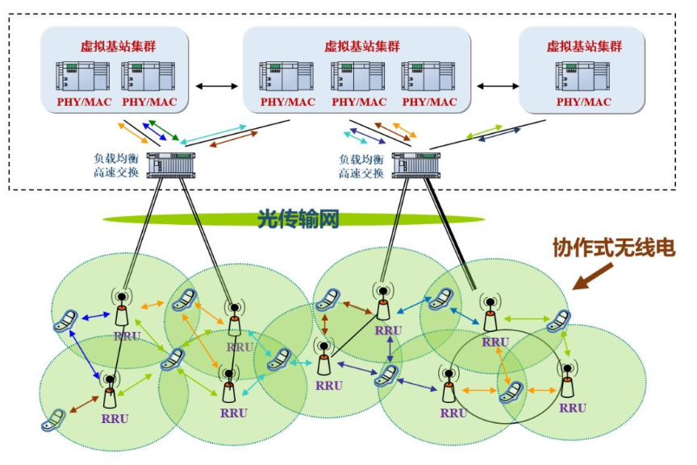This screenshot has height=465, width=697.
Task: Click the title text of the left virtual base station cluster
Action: (x=115, y=46)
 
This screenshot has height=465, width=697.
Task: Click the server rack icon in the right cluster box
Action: (x=582, y=77)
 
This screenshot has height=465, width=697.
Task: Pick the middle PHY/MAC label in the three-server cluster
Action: (x=359, y=102)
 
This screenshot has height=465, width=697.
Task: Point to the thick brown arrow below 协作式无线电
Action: (x=593, y=276)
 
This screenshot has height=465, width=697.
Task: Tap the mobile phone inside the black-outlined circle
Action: (x=508, y=392)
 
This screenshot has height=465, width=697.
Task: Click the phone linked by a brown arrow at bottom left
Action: (x=53, y=419)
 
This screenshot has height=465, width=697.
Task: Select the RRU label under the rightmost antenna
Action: (x=572, y=408)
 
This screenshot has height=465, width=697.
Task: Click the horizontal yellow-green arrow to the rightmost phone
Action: (x=525, y=320)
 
